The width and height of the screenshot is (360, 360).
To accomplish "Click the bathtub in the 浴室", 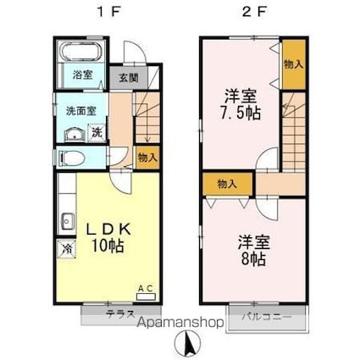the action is point(81,53).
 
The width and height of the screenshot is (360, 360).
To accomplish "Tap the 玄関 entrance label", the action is point(129,78).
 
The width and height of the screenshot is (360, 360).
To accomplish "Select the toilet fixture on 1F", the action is point(72,158).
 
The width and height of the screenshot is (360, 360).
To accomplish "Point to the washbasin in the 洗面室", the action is point(75,135).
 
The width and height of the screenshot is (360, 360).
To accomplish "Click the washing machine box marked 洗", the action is point(97,132).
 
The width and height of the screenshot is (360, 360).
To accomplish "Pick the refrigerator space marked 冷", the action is point(67,249).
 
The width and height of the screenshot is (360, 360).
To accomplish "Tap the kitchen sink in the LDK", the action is point(68,221).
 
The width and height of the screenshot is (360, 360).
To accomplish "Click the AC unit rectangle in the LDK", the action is point(146,296).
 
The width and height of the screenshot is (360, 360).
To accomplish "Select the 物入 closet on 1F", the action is point(147,158).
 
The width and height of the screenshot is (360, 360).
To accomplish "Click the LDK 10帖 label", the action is point(108,237).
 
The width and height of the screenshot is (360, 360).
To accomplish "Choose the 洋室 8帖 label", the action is point(253,251).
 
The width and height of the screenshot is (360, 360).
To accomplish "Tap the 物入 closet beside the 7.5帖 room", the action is point(294,64).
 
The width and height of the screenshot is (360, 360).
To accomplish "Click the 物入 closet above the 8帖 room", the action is point(227,184).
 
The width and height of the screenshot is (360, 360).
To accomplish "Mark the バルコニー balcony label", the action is point(267,317).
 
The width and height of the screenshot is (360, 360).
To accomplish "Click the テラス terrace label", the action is point(119,313).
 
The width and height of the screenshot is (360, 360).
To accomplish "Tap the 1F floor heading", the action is point(108,12).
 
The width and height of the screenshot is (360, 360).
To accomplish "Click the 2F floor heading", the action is point(254,12).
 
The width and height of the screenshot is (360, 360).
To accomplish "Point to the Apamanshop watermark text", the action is point(180,322).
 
